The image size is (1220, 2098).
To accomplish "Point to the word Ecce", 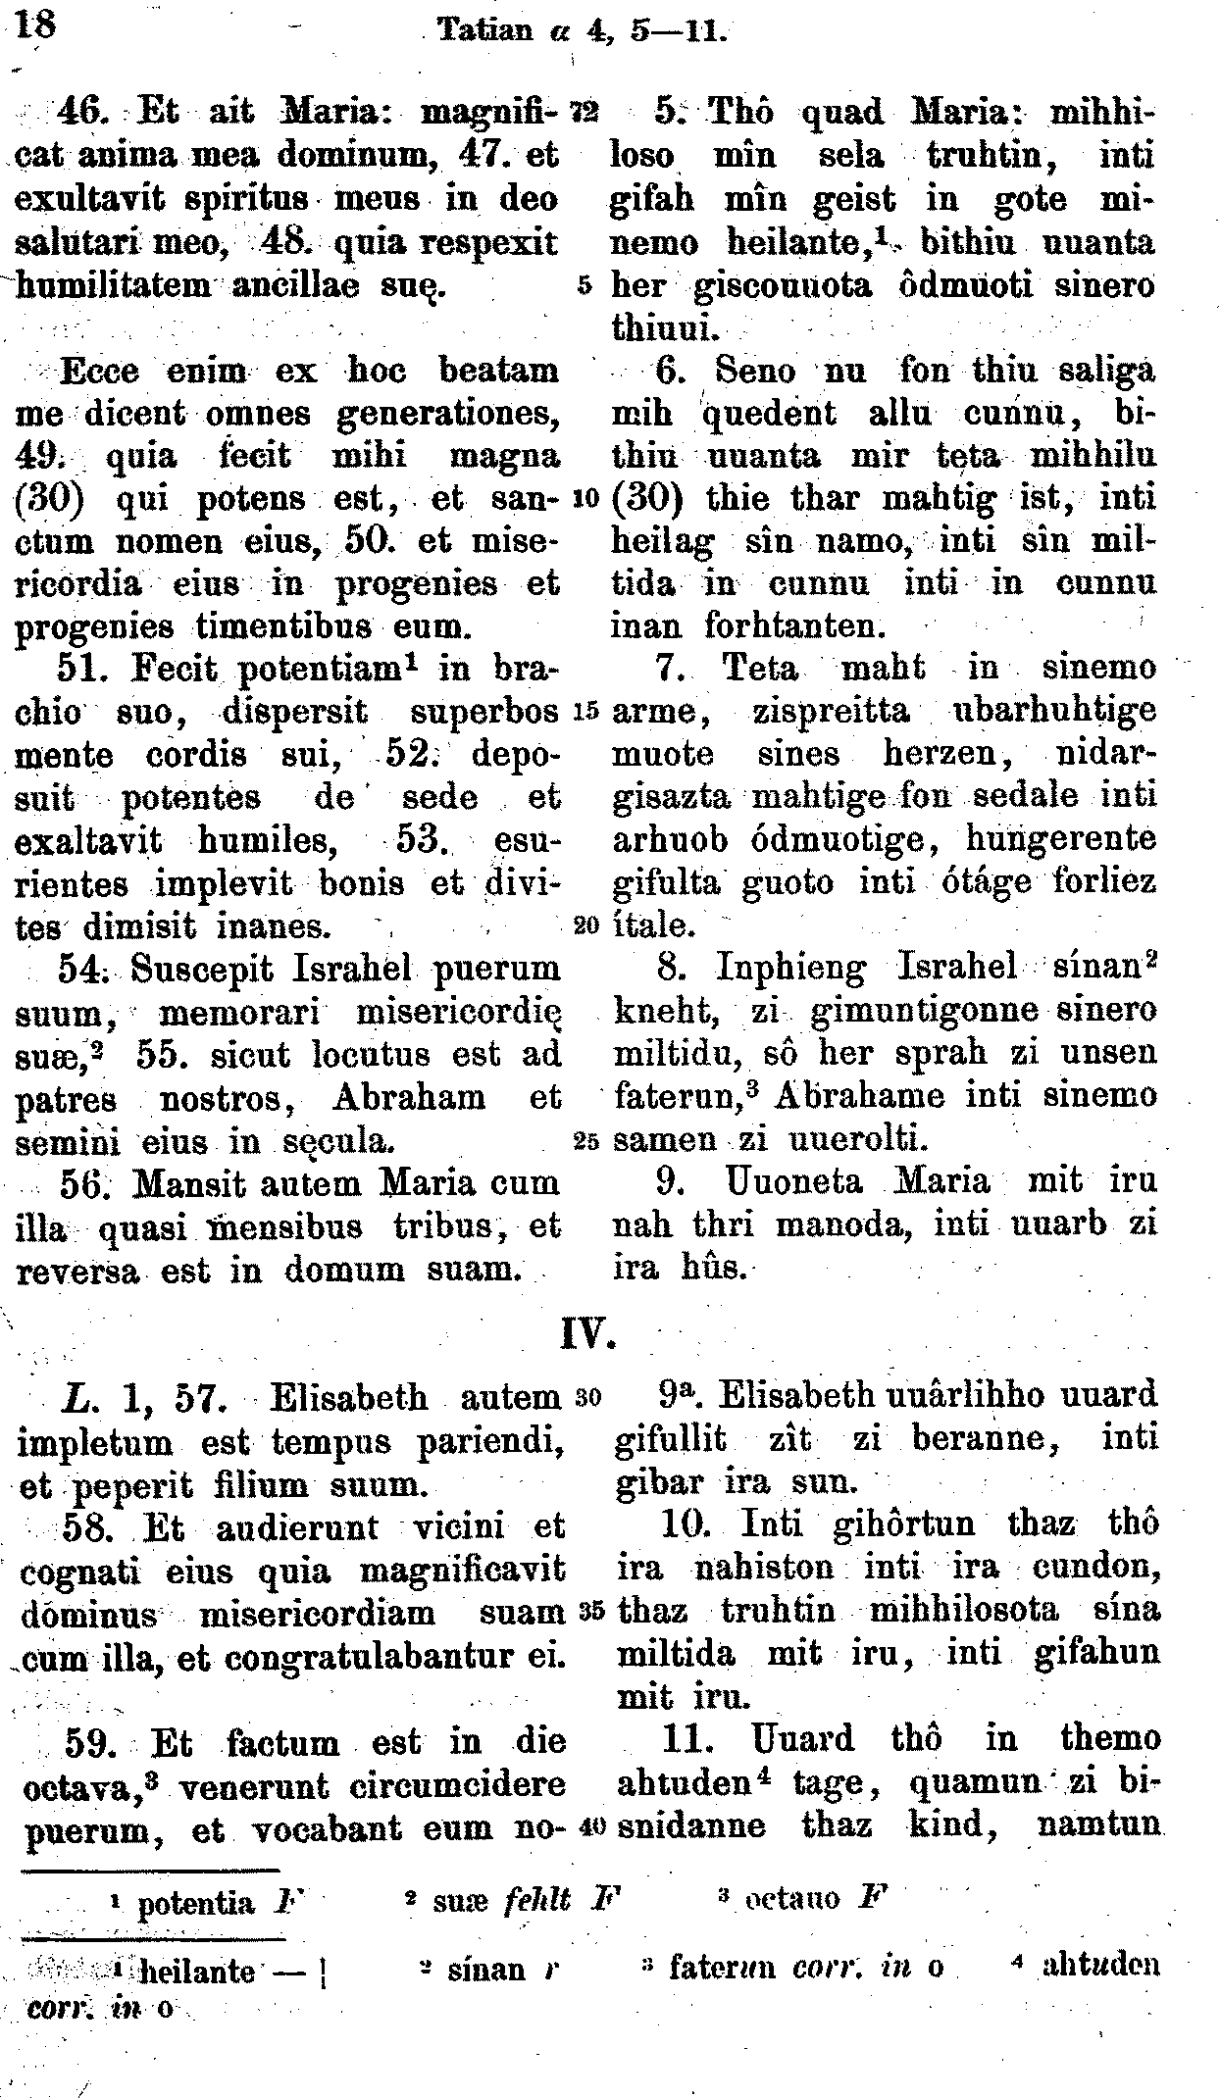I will point(100,371).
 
